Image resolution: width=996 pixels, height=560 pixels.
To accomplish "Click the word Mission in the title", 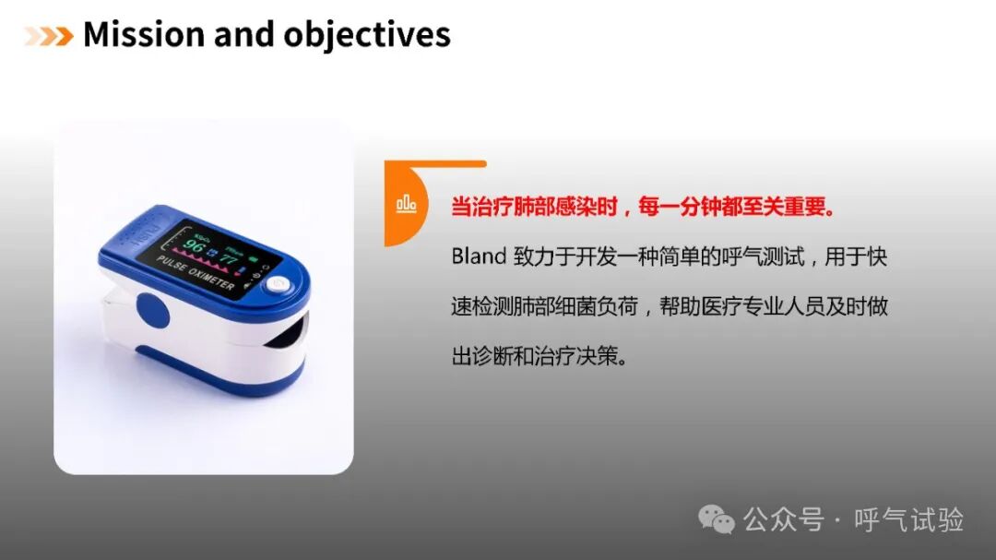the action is (144, 34).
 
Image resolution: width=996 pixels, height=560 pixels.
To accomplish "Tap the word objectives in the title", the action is (367, 36).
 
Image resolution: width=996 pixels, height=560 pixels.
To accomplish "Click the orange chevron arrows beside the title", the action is (48, 36).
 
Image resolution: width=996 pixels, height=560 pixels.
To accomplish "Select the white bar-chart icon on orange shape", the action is (407, 204).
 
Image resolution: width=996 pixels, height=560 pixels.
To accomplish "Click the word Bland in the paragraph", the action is (479, 256).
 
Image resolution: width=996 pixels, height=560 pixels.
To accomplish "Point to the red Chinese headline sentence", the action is (644, 207).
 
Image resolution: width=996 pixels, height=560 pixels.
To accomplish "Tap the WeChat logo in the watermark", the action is (716, 519).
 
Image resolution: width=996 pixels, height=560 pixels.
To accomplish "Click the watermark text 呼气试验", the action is (908, 519).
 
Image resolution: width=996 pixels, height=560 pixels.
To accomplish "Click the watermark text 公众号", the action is (784, 519).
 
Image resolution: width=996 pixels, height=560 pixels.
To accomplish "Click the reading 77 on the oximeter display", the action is (229, 258).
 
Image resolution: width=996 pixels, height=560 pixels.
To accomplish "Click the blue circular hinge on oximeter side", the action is (152, 310).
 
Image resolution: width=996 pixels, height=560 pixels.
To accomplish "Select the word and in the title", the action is (243, 34).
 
